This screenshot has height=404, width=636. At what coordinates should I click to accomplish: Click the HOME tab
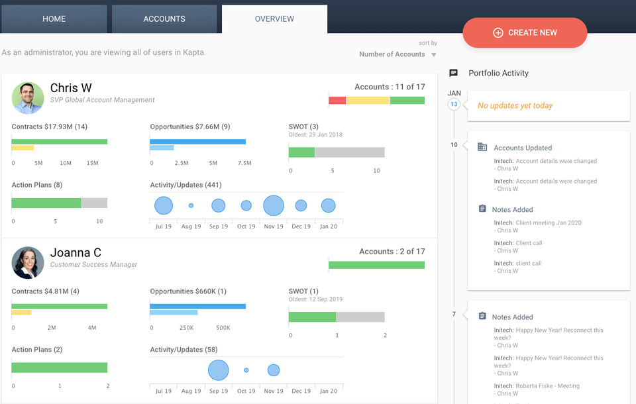(54, 19)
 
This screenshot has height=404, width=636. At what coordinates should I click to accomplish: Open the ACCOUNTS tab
(164, 19)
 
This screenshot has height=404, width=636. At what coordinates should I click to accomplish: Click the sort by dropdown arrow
(434, 55)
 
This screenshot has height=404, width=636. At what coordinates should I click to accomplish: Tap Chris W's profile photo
(28, 98)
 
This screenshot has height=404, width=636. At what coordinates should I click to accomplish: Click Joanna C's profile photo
(28, 262)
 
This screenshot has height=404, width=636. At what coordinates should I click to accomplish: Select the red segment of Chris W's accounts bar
(337, 100)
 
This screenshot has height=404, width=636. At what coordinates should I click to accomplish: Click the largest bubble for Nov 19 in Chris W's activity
(274, 205)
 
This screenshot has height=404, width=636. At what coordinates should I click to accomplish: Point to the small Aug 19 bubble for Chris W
(191, 206)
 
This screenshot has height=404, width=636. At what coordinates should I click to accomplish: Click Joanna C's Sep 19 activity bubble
(218, 370)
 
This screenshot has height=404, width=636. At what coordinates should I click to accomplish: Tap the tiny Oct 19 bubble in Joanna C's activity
(246, 370)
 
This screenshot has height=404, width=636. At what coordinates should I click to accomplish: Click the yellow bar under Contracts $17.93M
(23, 148)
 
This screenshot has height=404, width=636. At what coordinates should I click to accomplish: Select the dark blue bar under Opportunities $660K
(197, 306)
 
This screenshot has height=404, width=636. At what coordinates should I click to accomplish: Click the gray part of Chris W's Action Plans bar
(94, 203)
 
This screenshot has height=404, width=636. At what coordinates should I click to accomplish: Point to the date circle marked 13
(454, 105)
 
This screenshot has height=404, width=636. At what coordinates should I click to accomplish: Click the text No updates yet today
(515, 106)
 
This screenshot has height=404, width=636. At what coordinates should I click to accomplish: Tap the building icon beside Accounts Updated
(482, 147)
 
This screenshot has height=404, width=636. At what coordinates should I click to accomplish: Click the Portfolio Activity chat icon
(453, 73)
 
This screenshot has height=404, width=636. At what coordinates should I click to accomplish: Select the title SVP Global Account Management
(103, 100)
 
